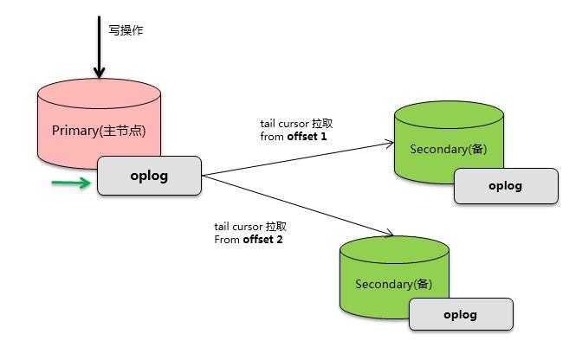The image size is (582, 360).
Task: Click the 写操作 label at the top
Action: (x=126, y=30)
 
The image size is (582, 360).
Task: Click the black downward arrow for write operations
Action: (x=100, y=48)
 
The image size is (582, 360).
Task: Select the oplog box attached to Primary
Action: (x=149, y=176)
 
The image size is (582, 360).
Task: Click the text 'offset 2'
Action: (x=262, y=239)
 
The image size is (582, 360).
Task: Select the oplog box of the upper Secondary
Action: (x=506, y=186)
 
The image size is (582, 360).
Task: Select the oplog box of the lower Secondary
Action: (x=461, y=314)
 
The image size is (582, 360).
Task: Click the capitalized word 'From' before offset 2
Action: (x=226, y=239)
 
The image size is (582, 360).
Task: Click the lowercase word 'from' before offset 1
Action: (x=272, y=137)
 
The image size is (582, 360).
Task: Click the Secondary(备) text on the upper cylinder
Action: (x=448, y=149)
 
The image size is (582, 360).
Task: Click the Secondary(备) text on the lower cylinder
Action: (x=393, y=284)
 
